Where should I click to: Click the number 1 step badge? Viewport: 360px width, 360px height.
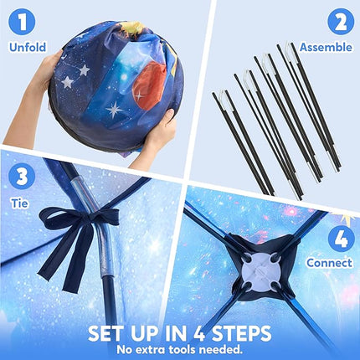[x=22, y=22]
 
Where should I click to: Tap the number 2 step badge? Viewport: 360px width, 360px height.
[x=341, y=22]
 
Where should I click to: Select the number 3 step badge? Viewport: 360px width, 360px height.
[x=22, y=177]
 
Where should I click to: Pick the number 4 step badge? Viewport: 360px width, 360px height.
[x=342, y=239]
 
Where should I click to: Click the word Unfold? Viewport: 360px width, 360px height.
[x=28, y=47]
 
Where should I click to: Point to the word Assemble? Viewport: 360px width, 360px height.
[x=326, y=47]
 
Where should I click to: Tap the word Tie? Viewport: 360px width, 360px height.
[x=20, y=203]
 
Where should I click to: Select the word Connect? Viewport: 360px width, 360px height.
[x=329, y=263]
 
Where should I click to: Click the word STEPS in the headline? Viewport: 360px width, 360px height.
[x=241, y=333]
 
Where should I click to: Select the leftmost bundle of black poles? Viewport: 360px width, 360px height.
[x=243, y=142]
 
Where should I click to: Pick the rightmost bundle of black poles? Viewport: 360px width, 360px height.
[x=309, y=105]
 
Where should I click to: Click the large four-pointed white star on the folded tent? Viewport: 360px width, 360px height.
[x=114, y=110]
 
